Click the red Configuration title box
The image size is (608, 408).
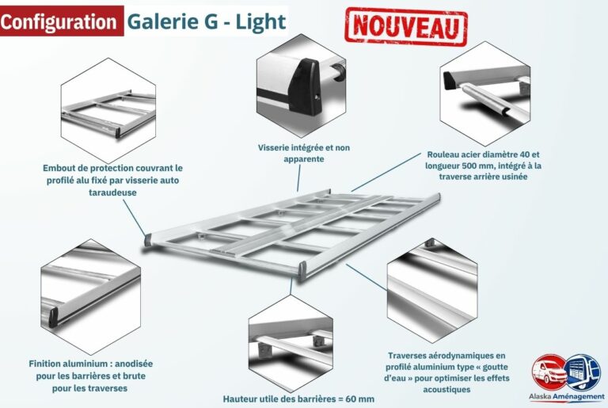click(x=60, y=21)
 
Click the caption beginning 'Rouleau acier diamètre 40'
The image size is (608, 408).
click(x=482, y=166)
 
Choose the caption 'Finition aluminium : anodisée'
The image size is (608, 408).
click(x=91, y=376)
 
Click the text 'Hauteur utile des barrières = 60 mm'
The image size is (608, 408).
click(x=298, y=398)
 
